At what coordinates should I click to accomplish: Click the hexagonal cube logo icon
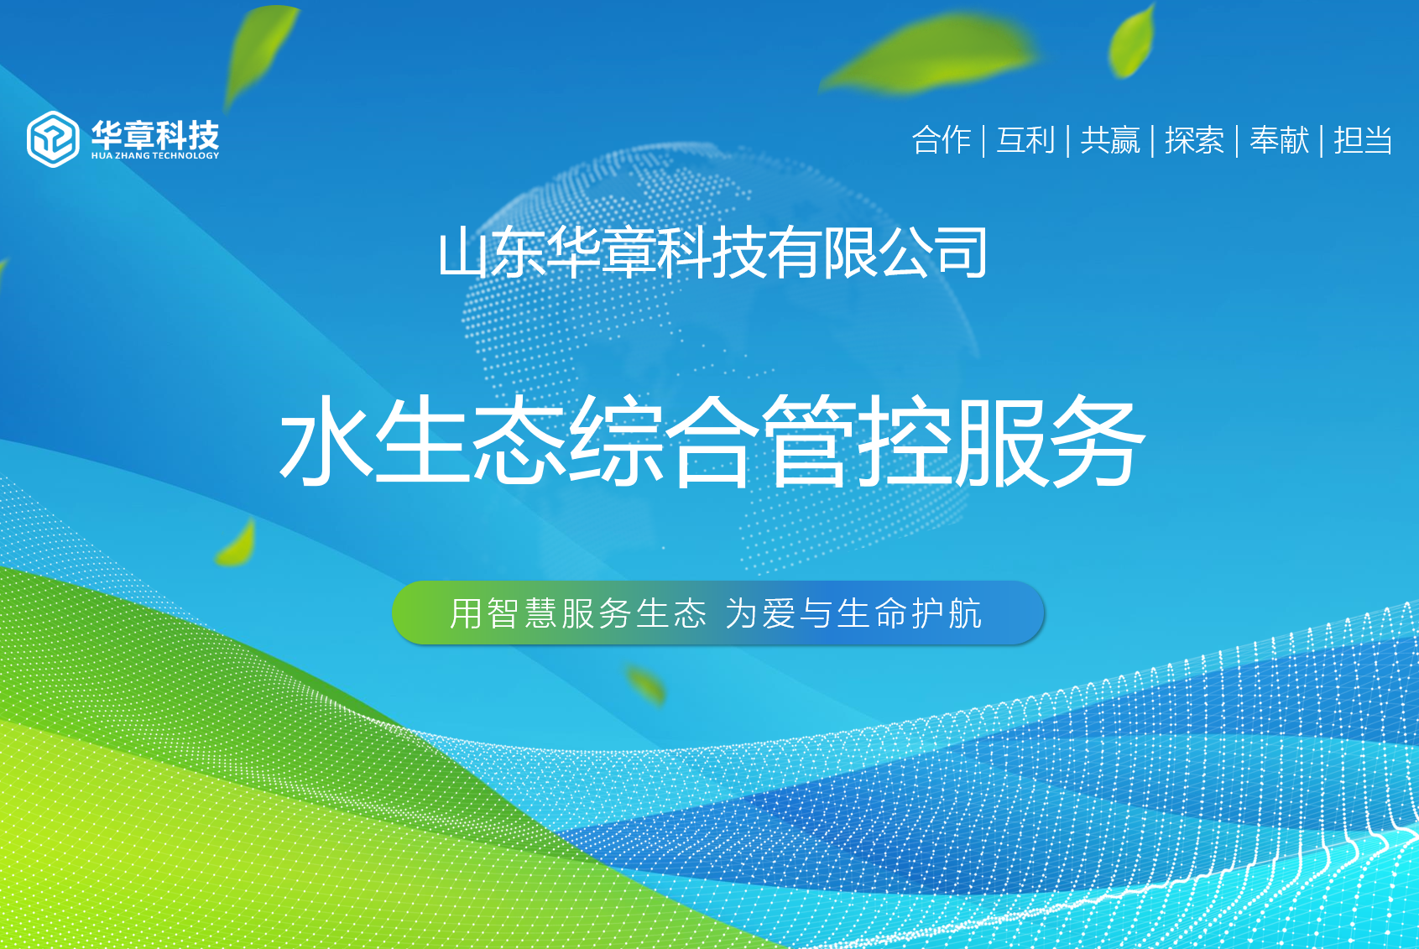53,138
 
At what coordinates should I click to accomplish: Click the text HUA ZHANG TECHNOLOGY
155,155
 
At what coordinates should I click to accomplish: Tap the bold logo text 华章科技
155,133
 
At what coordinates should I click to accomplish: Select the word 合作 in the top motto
942,140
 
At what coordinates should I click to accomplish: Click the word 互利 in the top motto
1025,140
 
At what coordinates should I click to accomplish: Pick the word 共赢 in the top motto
1110,140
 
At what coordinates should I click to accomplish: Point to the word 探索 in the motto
1194,140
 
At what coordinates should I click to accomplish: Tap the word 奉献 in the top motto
1279,140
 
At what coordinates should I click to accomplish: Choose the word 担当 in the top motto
1364,140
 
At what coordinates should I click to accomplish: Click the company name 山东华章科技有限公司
712,253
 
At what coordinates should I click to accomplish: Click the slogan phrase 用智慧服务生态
577,613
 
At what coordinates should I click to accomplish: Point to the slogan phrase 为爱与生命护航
853,613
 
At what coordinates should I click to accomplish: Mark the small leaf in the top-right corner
1132,41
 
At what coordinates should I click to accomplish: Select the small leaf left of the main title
237,543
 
